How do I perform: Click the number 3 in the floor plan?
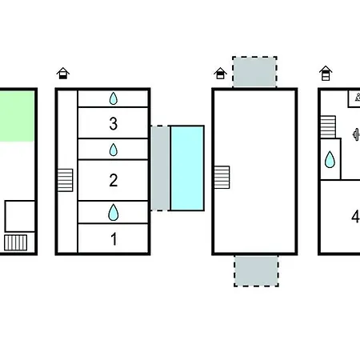[x=114, y=124]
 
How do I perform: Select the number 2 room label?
[x=114, y=180]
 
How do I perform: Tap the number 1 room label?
[x=114, y=239]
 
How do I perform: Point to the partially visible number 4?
[x=356, y=217]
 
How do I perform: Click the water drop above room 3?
[x=114, y=98]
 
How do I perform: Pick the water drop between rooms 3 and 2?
[x=114, y=150]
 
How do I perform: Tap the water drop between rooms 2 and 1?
[x=114, y=212]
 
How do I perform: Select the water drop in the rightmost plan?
[x=330, y=159]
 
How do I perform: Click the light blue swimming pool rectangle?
[x=187, y=168]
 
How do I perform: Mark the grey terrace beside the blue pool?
[x=160, y=168]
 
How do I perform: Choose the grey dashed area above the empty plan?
[x=254, y=72]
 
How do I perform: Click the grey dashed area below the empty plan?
[x=256, y=271]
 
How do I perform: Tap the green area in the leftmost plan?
[x=17, y=116]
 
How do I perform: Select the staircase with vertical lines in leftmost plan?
[x=16, y=242]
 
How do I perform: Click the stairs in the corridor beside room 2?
[x=66, y=180]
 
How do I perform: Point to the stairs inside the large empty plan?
[x=222, y=178]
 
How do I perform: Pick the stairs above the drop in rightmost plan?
[x=328, y=127]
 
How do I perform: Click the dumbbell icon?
[x=356, y=134]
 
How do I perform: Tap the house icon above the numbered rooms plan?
[x=63, y=74]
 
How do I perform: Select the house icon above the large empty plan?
[x=220, y=74]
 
